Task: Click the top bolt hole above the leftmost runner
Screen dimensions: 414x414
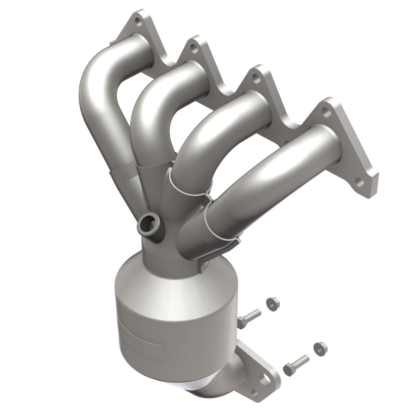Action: [x=138, y=22]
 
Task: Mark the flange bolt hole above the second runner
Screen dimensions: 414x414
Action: [x=194, y=49]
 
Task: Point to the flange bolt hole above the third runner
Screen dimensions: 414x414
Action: [x=255, y=79]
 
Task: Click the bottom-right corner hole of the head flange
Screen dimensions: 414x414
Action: [x=361, y=183]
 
